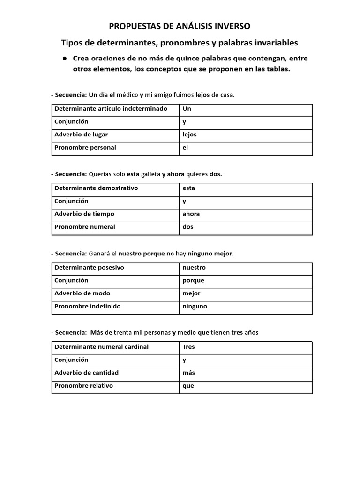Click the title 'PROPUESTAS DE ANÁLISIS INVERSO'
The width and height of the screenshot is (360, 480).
180,27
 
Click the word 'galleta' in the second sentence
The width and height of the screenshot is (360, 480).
151,174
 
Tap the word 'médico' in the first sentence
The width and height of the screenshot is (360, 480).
127,95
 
